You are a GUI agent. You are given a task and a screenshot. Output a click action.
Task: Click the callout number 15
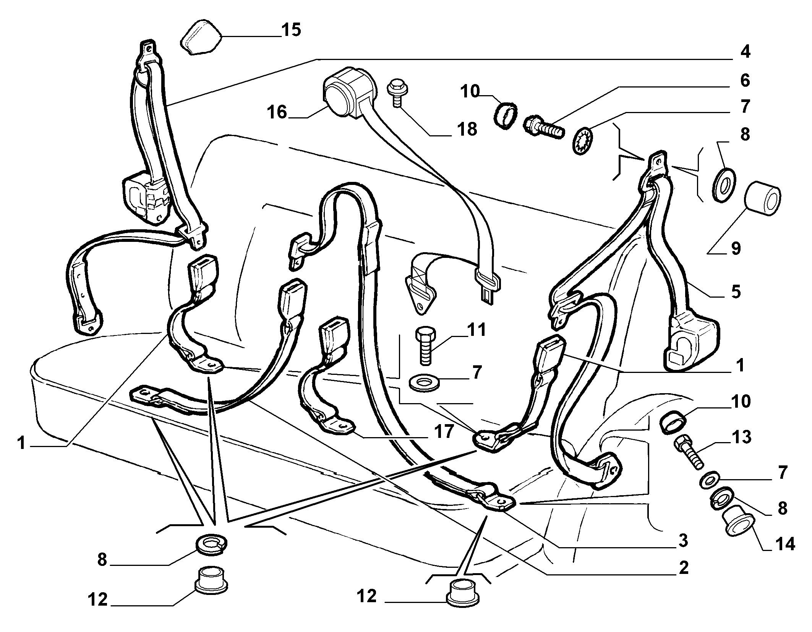click(x=291, y=29)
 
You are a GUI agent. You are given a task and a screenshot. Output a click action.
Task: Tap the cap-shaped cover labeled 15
click(x=201, y=38)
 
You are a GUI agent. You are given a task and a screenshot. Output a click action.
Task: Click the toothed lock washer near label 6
click(x=583, y=142)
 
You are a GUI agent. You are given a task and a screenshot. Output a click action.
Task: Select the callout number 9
click(x=735, y=248)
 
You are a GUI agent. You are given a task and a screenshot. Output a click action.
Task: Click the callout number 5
click(x=735, y=292)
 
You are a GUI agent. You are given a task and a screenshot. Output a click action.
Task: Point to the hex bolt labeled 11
click(x=425, y=345)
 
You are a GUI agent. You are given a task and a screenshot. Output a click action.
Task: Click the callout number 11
click(x=476, y=330)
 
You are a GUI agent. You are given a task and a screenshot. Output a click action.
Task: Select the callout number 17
click(x=443, y=431)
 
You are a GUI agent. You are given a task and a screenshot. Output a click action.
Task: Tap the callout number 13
click(x=742, y=437)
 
